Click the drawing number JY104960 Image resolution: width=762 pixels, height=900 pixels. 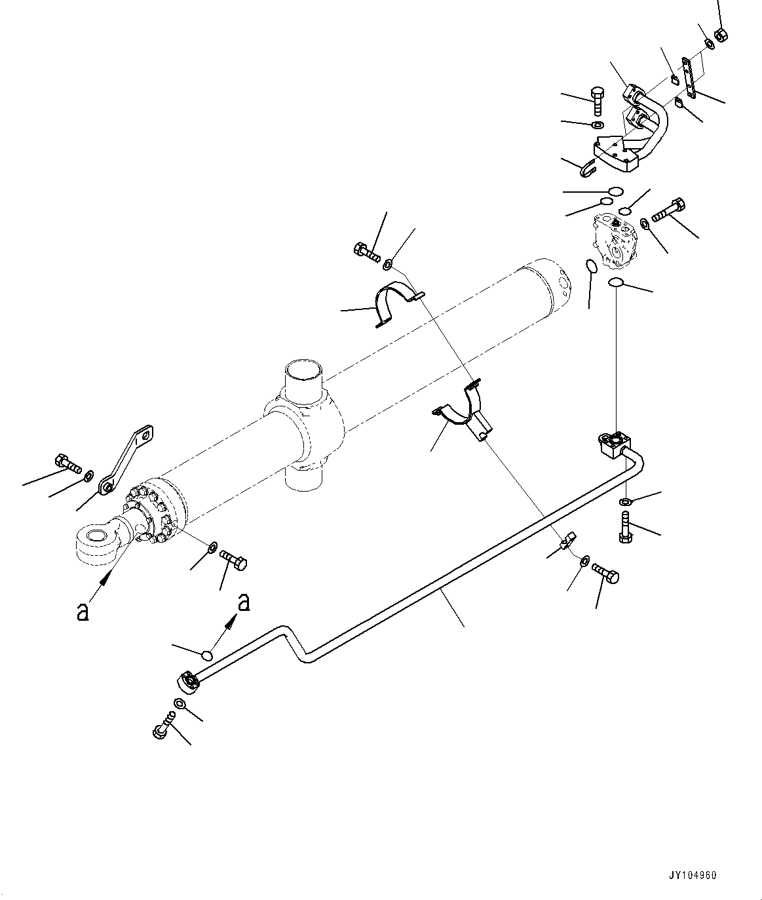point(693,875)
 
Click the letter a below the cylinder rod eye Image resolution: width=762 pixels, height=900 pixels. point(83,612)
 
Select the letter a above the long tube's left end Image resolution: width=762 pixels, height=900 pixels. point(244,602)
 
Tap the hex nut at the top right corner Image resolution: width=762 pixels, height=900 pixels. point(719,34)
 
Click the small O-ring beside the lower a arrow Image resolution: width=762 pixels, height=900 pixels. point(208,655)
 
